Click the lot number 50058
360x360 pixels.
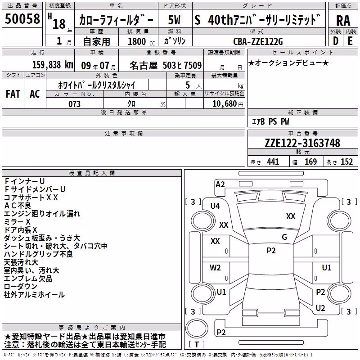click(22, 18)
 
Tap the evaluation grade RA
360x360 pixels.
click(343, 21)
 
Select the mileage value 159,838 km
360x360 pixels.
click(53, 65)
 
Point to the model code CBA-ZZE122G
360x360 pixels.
click(258, 41)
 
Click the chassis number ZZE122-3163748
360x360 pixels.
click(302, 143)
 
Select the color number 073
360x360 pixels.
click(74, 104)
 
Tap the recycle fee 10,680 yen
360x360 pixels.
click(228, 104)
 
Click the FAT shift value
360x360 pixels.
click(13, 94)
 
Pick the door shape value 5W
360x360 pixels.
click(174, 20)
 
